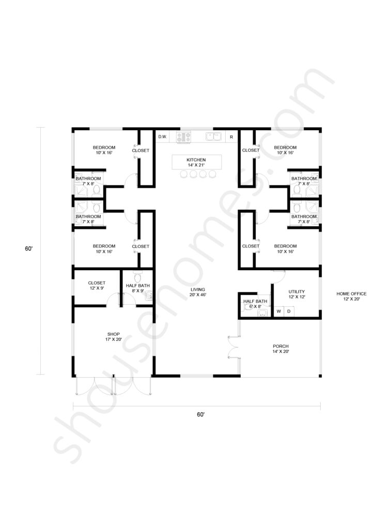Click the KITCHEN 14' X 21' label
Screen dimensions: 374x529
click(196, 162)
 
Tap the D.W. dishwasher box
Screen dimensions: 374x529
click(163, 136)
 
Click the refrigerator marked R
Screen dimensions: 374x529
click(231, 137)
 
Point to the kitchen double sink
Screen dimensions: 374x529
click(213, 136)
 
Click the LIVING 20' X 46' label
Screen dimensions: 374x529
click(198, 292)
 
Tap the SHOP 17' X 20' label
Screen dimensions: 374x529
click(114, 337)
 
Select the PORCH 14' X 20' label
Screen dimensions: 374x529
click(280, 349)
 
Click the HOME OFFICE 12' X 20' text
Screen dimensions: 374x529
click(351, 296)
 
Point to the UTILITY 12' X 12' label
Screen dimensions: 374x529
click(297, 294)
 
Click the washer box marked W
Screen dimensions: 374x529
click(279, 312)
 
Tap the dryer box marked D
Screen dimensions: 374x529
click(289, 312)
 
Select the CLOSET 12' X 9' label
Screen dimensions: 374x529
click(97, 285)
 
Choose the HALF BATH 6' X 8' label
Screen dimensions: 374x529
click(255, 304)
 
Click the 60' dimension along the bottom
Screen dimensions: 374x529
click(200, 414)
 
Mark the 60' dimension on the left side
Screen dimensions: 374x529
click(28, 248)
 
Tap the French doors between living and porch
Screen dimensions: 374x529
click(233, 347)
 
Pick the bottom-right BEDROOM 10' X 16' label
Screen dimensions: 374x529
click(285, 248)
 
